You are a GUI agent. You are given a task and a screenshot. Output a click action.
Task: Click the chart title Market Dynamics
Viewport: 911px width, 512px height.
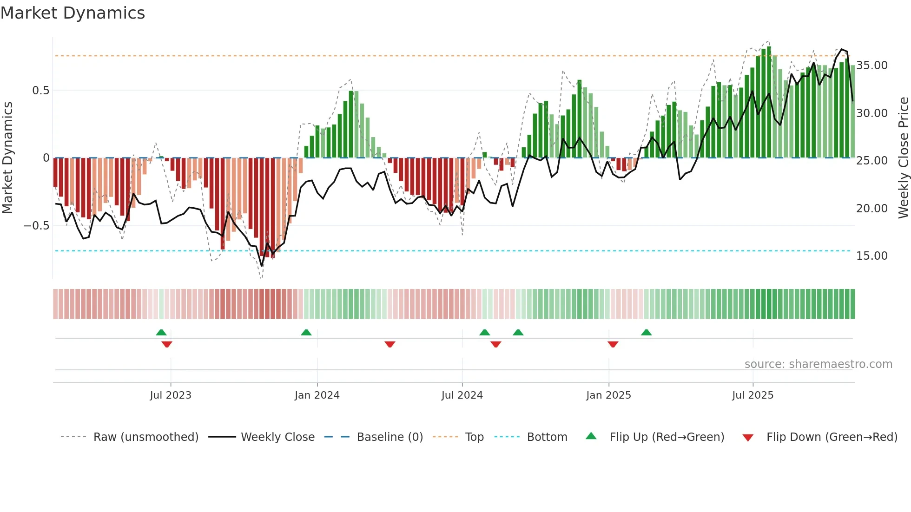73,13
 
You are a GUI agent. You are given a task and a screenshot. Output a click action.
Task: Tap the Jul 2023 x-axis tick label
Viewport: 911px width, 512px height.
171,395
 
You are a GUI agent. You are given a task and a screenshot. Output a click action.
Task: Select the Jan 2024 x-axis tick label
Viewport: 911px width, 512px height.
317,395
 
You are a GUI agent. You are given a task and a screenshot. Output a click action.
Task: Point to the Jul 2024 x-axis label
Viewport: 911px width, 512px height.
462,395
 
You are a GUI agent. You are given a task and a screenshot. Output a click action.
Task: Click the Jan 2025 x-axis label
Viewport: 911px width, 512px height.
608,395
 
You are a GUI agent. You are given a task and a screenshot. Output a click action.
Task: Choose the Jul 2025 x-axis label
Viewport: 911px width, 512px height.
753,395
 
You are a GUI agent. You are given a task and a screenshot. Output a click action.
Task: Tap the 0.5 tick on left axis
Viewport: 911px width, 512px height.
41,91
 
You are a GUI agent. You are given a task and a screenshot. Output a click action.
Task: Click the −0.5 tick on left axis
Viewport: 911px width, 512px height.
37,226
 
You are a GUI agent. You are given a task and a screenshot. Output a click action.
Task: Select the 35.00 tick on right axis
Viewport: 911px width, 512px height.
872,66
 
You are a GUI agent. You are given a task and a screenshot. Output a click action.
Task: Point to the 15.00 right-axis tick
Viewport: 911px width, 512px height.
872,256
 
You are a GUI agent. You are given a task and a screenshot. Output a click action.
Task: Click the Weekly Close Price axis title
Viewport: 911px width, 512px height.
903,158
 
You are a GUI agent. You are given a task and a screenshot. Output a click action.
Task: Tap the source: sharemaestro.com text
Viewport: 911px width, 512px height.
818,364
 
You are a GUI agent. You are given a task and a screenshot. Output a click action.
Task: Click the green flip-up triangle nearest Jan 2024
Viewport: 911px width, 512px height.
306,333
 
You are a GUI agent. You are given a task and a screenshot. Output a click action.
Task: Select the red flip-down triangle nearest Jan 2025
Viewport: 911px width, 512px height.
613,344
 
